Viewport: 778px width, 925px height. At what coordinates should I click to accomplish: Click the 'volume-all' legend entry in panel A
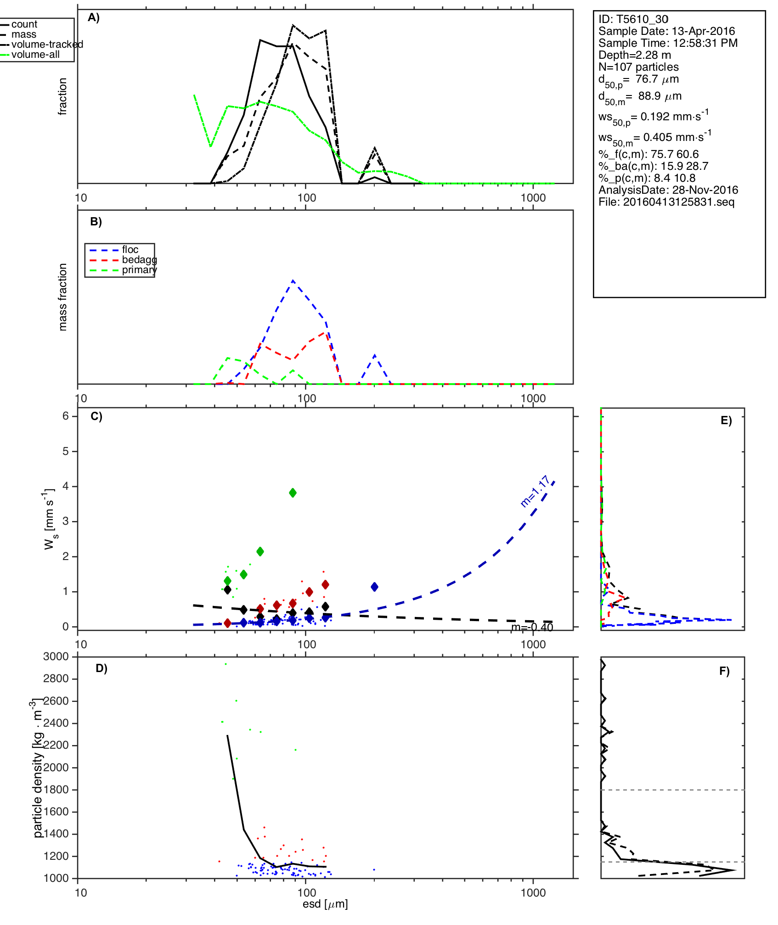[35, 55]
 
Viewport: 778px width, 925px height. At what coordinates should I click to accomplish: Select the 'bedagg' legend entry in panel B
[139, 260]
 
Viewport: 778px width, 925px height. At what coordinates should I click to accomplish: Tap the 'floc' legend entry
[130, 250]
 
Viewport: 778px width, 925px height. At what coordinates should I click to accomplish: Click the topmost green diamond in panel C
[293, 493]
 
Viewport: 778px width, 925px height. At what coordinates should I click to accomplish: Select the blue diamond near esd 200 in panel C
[374, 587]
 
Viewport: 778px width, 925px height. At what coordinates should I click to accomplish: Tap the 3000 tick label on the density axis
[56, 656]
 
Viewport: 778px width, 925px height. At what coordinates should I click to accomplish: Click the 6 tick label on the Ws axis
[66, 416]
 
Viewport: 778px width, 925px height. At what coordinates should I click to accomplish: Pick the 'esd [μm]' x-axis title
[325, 904]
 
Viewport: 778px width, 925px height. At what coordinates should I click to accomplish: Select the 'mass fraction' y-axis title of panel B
[63, 297]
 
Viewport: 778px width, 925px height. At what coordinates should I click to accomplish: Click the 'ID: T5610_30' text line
[633, 19]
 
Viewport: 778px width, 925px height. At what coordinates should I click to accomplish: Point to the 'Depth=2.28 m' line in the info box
[634, 55]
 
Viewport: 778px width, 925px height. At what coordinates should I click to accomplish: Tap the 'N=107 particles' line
[638, 67]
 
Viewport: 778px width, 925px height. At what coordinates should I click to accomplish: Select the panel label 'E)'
[726, 420]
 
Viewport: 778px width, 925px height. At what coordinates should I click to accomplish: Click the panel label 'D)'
[101, 668]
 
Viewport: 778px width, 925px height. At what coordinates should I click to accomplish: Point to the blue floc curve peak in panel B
[293, 280]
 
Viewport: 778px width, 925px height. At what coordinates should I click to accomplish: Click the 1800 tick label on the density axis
[56, 790]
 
